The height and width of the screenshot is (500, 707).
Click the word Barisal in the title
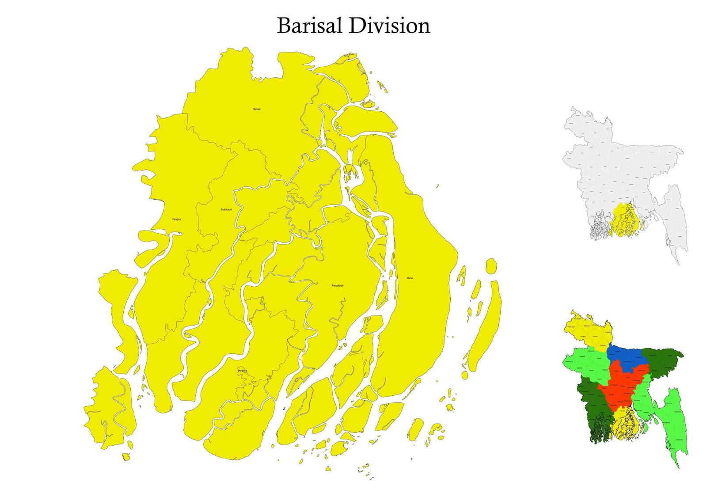point(309,26)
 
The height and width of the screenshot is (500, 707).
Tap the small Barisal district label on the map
point(257,109)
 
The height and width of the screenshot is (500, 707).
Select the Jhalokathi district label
point(226,209)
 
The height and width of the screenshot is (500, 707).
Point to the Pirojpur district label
point(177,219)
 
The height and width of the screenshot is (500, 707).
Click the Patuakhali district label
point(338,286)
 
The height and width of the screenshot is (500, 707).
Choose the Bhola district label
point(410,278)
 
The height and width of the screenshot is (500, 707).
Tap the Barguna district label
point(243,370)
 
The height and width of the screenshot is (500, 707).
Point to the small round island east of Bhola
point(491,266)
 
